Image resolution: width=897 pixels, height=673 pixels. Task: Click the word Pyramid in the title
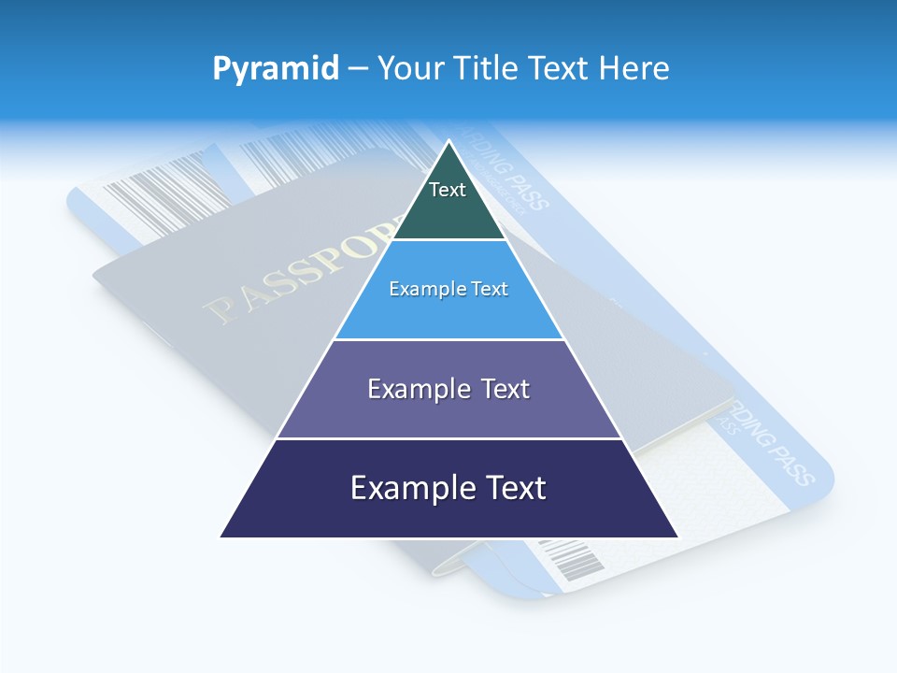[x=276, y=68]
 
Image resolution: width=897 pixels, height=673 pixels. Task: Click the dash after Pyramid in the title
[x=358, y=69]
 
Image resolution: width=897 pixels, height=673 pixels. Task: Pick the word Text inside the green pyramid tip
[x=448, y=190]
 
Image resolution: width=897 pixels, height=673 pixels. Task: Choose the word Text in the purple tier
[x=505, y=389]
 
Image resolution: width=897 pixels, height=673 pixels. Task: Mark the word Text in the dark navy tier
[x=515, y=488]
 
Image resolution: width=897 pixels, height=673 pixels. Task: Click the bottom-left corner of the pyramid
[x=222, y=537]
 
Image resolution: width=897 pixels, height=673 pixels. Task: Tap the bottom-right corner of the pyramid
[x=676, y=537]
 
